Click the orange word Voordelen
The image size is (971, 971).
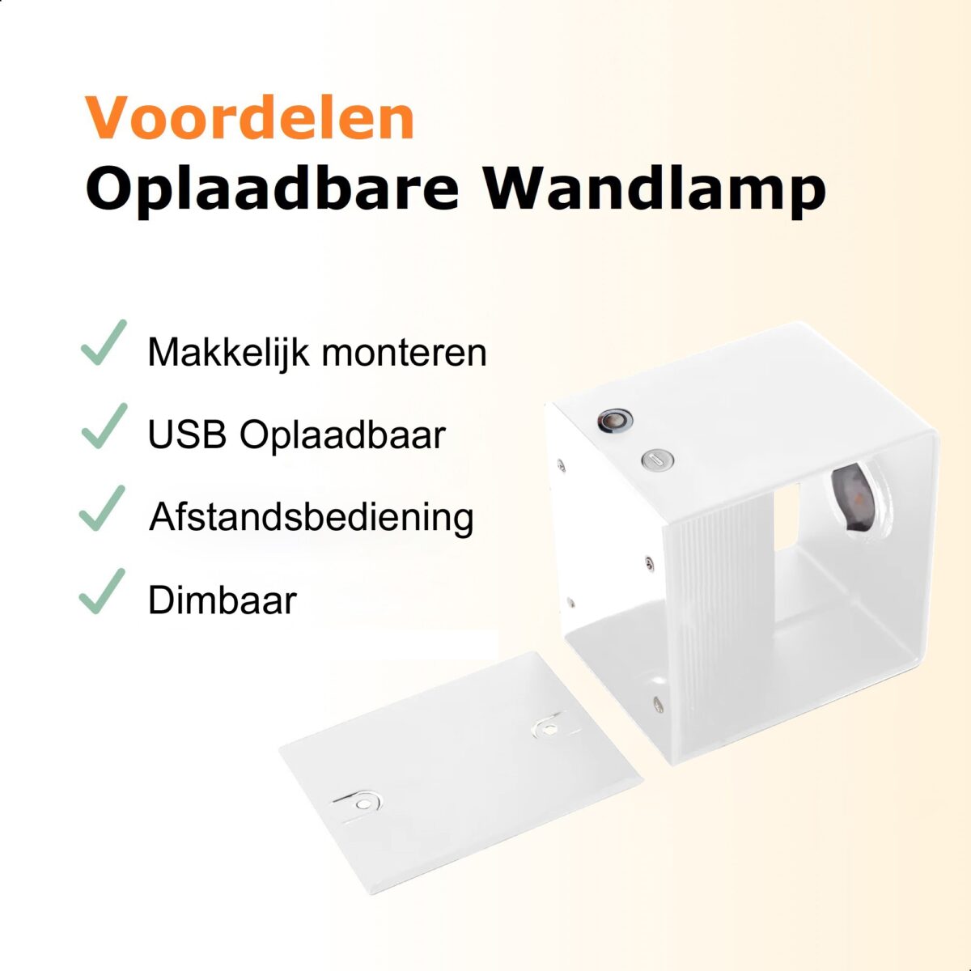tap(250, 117)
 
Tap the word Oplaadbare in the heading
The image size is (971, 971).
tap(273, 192)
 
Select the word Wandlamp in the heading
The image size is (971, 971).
tap(655, 192)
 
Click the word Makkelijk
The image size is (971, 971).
tap(228, 354)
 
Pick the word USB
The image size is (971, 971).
tap(187, 435)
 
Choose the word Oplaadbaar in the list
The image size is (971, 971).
tap(342, 436)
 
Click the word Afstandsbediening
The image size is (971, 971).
tap(312, 519)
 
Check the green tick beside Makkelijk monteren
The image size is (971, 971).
tap(104, 342)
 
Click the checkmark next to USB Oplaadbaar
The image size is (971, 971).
tap(104, 426)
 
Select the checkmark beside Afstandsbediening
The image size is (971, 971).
tap(102, 508)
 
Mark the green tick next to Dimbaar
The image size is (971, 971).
tap(102, 591)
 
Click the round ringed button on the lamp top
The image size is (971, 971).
tap(615, 419)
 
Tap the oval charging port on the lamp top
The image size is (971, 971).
tap(658, 459)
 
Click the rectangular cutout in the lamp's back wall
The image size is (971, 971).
tap(787, 516)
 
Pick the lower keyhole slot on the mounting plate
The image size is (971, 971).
tap(358, 803)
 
